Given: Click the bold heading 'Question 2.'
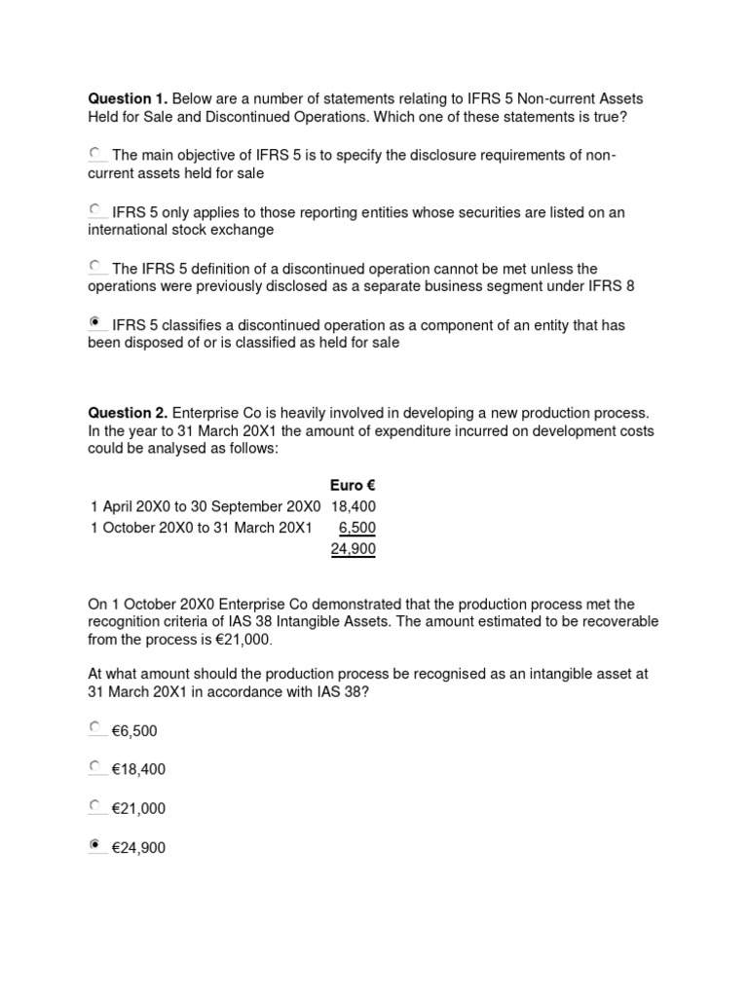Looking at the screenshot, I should click(x=128, y=414).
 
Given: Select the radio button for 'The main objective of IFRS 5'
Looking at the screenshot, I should click(x=96, y=154).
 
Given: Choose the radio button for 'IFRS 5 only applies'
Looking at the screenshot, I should click(x=96, y=210).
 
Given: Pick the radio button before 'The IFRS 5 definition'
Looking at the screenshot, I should click(x=96, y=266).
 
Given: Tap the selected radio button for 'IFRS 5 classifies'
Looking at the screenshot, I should click(x=96, y=322).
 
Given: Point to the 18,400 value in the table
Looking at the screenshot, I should click(x=354, y=506).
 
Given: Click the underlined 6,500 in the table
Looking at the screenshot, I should click(x=357, y=528).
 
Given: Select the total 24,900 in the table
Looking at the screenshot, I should click(x=354, y=549).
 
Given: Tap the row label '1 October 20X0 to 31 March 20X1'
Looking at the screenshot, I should click(x=201, y=528).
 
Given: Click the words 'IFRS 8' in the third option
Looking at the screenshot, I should click(x=614, y=286).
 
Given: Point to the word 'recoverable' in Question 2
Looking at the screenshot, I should click(x=620, y=621).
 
